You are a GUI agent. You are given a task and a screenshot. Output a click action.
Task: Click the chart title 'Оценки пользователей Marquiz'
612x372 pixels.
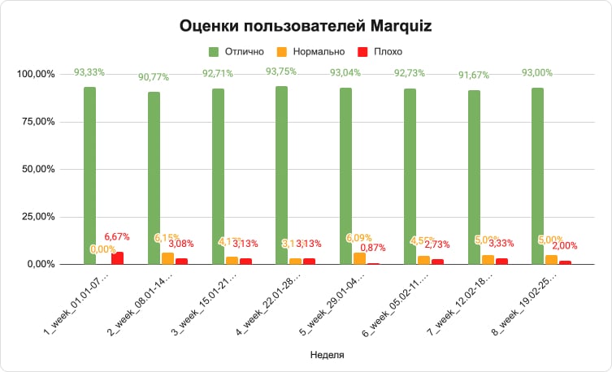(x=306, y=25)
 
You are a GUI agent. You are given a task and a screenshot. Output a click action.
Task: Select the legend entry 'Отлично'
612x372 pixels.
(x=245, y=51)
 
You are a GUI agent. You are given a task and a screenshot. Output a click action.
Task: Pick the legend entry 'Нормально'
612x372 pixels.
(x=321, y=51)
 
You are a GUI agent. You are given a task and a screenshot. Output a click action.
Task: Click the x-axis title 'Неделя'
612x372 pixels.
(x=328, y=355)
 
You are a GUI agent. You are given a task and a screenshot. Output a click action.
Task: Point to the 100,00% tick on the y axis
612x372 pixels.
(x=36, y=75)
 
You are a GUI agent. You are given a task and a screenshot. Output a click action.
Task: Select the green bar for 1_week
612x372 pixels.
(x=89, y=175)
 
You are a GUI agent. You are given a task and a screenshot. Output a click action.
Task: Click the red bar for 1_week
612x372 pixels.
(x=117, y=258)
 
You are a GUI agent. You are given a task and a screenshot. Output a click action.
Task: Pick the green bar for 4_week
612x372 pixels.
(x=281, y=175)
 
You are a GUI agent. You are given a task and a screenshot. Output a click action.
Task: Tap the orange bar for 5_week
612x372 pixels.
(x=359, y=258)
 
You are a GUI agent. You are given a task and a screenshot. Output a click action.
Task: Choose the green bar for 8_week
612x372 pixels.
(x=537, y=175)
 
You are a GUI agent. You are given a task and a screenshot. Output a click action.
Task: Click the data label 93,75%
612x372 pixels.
(x=280, y=71)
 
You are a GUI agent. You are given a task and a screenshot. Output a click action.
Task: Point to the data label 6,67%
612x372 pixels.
(x=117, y=236)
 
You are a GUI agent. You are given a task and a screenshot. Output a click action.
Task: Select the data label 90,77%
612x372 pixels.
(x=153, y=78)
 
